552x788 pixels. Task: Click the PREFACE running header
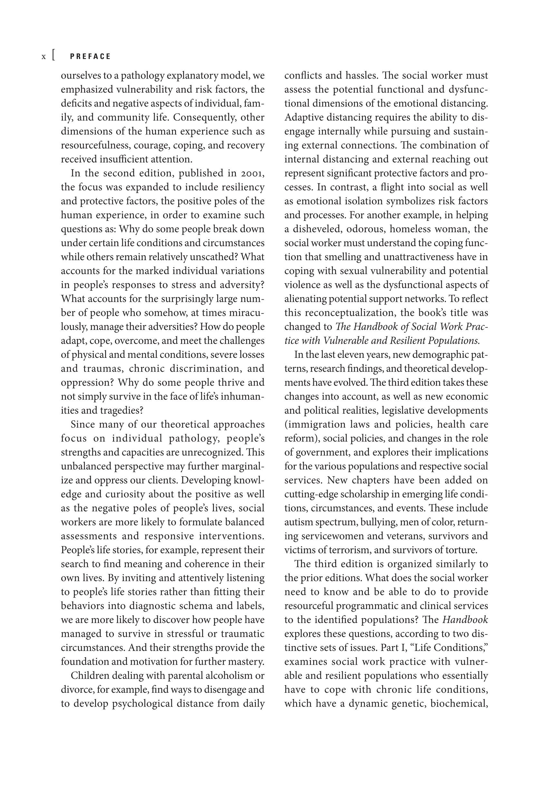90,57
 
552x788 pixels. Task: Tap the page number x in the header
44,57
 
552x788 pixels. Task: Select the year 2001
252,173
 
